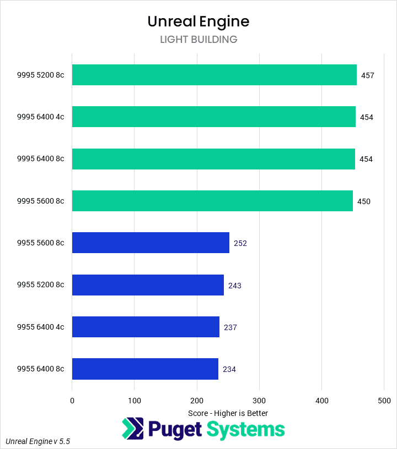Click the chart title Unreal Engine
pyautogui.click(x=198, y=21)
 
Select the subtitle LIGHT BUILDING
pyautogui.click(x=198, y=40)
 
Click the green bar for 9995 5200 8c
pyautogui.click(x=214, y=75)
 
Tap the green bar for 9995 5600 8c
pyautogui.click(x=212, y=201)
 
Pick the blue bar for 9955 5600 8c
pyautogui.click(x=151, y=243)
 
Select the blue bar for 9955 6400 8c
pyautogui.click(x=145, y=369)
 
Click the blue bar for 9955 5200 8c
pyautogui.click(x=148, y=285)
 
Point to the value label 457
pyautogui.click(x=368, y=75)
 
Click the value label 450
pyautogui.click(x=364, y=201)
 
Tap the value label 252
pyautogui.click(x=240, y=243)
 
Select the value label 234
pyautogui.click(x=229, y=369)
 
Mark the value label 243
pyautogui.click(x=235, y=286)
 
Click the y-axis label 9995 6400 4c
pyautogui.click(x=40, y=117)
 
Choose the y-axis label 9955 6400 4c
pyautogui.click(x=40, y=327)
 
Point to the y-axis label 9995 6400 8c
pyautogui.click(x=40, y=159)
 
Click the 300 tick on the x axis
pyautogui.click(x=260, y=401)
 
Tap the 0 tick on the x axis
pyautogui.click(x=72, y=401)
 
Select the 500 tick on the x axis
pyautogui.click(x=384, y=401)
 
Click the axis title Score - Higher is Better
pyautogui.click(x=228, y=413)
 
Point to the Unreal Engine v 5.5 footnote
pyautogui.click(x=38, y=441)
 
